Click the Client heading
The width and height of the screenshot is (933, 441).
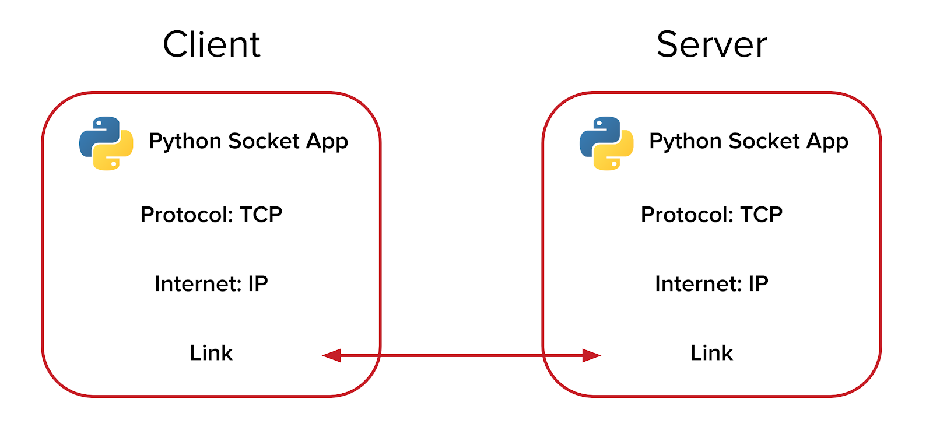pyautogui.click(x=211, y=45)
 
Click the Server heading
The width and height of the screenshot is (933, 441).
pyautogui.click(x=711, y=45)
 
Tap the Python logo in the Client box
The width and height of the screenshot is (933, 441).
pyautogui.click(x=106, y=143)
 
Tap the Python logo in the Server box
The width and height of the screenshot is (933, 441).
pyautogui.click(x=606, y=143)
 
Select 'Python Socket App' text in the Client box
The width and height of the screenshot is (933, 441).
pyautogui.click(x=248, y=142)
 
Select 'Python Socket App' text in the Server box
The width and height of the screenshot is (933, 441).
pyautogui.click(x=748, y=142)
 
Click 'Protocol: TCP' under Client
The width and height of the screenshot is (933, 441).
pyautogui.click(x=211, y=215)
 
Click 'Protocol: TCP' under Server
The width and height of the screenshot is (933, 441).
pyautogui.click(x=711, y=215)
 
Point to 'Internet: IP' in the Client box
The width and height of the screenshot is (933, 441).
pyautogui.click(x=211, y=284)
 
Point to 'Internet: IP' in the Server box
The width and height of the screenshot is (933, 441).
pyautogui.click(x=711, y=284)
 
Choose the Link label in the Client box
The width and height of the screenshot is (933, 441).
pyautogui.click(x=211, y=353)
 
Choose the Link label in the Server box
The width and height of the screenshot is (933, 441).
pyautogui.click(x=711, y=353)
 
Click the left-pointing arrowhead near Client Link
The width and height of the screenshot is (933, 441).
pyautogui.click(x=332, y=355)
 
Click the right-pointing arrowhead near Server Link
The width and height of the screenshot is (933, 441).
pyautogui.click(x=591, y=355)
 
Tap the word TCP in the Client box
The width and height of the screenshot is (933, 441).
pyautogui.click(x=261, y=215)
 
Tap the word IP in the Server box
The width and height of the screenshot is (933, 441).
pyautogui.click(x=758, y=284)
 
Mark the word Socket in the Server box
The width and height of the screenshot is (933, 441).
pyautogui.click(x=764, y=141)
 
